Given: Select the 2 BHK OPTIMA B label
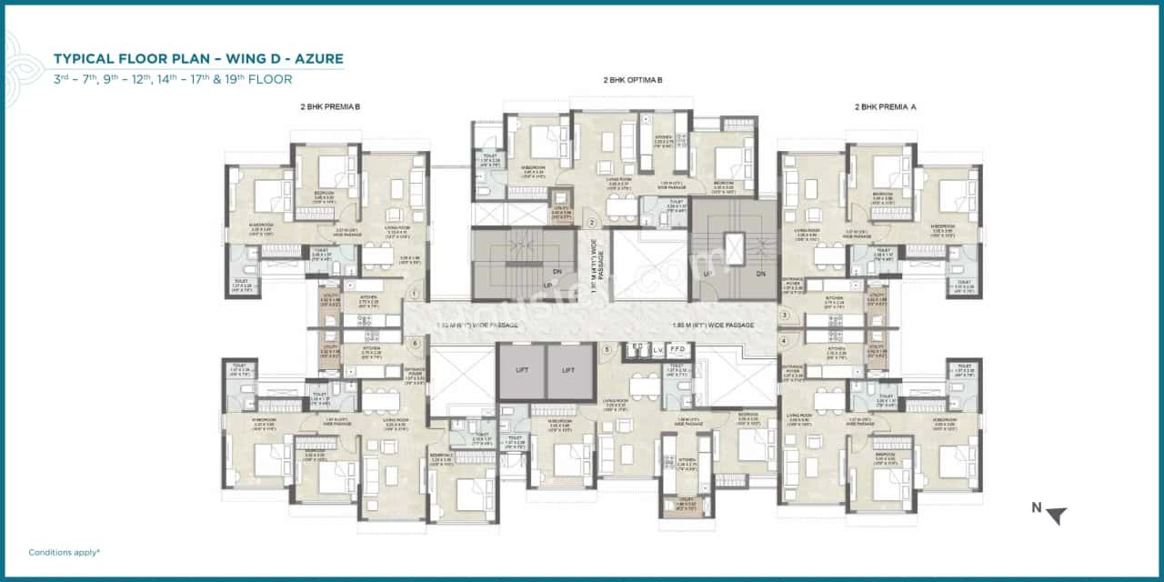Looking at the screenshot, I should coord(632,81).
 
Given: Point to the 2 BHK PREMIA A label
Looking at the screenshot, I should coord(885,107).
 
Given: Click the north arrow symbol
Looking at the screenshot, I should coord(1054,516).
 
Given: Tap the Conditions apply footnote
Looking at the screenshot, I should coord(64,552).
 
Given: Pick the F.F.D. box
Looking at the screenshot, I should coord(677,349).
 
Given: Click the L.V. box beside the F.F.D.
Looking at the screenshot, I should coord(657,349).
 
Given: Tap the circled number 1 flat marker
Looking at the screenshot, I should coord(415,294).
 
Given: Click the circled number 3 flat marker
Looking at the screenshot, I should coord(784,316).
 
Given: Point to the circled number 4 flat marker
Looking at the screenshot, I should coord(784,341).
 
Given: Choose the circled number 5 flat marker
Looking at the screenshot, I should coord(607,349).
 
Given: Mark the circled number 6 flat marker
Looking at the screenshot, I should coord(415,343).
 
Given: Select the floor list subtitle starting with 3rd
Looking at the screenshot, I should coord(173,80).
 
